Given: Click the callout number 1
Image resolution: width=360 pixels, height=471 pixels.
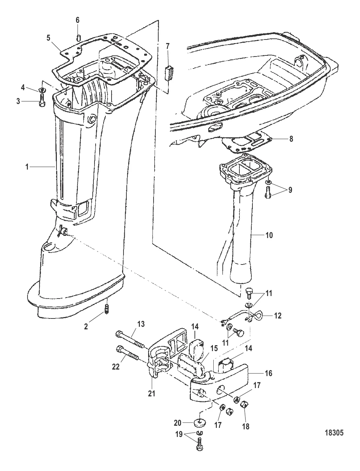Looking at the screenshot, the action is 27,167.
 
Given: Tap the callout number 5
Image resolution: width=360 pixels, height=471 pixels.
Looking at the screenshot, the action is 49,38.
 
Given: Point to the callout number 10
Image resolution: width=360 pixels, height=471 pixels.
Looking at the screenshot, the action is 269,235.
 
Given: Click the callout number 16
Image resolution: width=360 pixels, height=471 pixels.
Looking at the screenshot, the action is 268,373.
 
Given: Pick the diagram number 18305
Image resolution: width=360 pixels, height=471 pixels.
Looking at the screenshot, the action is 334,433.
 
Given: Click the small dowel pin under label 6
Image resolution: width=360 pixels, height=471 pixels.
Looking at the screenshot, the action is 78,38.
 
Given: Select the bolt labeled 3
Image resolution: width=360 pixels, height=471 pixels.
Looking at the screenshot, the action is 42,100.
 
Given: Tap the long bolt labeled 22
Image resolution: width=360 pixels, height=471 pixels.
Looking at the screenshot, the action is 127,352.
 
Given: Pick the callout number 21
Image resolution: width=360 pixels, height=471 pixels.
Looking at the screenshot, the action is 152,393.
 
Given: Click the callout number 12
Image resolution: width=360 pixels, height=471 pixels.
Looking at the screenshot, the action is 278,316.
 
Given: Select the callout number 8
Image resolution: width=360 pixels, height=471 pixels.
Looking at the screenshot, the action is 291,139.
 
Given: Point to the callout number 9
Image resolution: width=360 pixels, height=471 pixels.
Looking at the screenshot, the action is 290,190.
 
